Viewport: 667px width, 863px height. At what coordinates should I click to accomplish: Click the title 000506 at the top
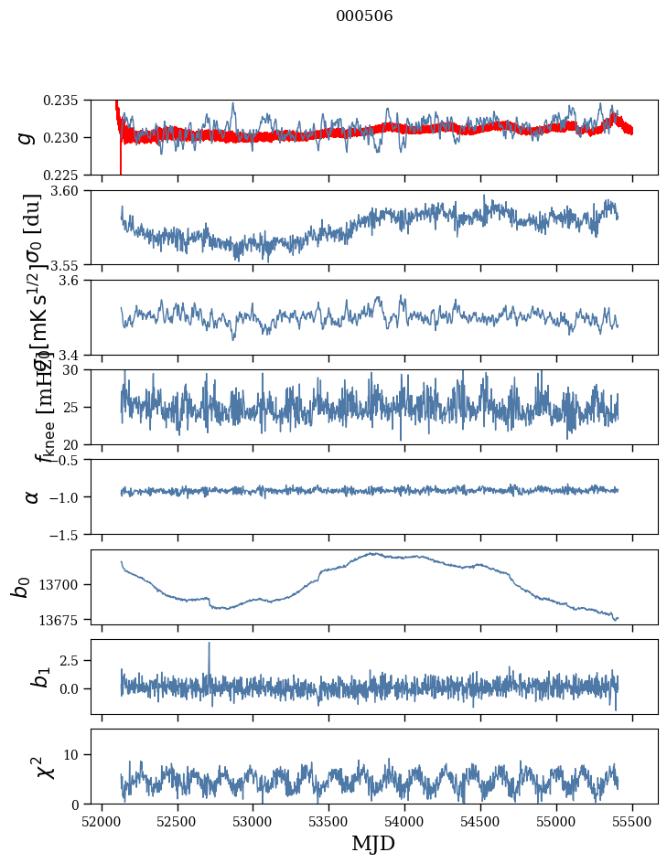point(364,16)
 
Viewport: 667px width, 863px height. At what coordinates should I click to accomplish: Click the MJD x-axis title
point(373,843)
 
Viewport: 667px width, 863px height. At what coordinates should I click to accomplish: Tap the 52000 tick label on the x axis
point(102,820)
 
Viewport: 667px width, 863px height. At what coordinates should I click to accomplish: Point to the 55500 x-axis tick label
point(633,820)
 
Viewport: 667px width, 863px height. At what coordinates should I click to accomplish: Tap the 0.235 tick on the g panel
point(70,100)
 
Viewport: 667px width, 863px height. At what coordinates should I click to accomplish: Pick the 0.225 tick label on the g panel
point(70,175)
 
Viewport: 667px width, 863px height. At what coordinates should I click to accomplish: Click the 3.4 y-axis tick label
point(76,354)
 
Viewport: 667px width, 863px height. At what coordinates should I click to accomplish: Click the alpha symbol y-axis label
point(31,496)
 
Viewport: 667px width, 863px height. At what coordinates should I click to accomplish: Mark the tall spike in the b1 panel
point(209,644)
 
